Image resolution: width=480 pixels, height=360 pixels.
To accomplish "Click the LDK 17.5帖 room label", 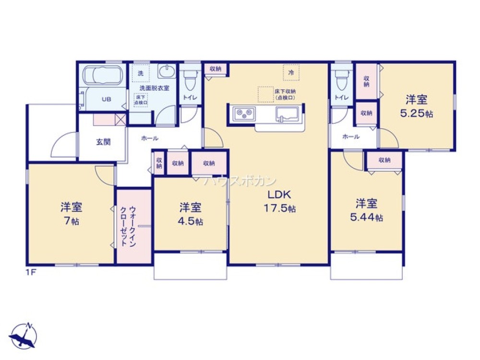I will click(278, 202).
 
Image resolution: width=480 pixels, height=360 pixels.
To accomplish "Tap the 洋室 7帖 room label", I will click(71, 214).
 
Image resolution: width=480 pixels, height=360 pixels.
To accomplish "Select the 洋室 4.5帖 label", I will click(190, 214).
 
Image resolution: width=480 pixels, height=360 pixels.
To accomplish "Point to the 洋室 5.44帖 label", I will click(366, 210).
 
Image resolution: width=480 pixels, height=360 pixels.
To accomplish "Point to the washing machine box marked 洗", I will click(141, 73).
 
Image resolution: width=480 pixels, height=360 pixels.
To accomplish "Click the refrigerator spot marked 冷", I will click(291, 73).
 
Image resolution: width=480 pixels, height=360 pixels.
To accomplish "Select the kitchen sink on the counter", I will click(287, 115).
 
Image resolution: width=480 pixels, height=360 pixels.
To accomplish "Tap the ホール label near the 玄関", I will click(149, 138).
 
